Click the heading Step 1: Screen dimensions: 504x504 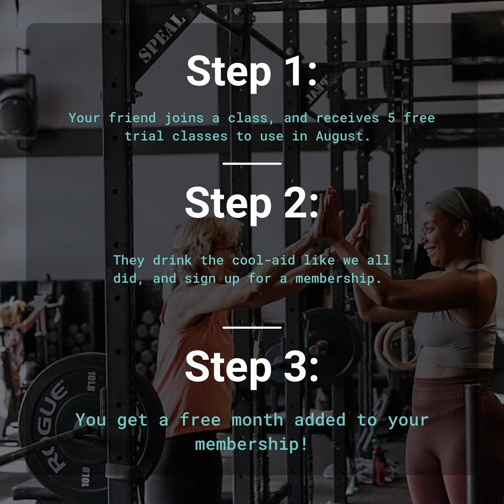(x=252, y=73)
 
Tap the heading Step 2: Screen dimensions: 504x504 (x=252, y=204)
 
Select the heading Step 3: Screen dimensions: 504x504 (x=252, y=368)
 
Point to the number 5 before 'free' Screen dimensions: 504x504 (x=391, y=118)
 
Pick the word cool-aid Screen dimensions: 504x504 (x=264, y=260)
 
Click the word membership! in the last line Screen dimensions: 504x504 (x=251, y=444)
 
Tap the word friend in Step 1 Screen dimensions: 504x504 (x=132, y=118)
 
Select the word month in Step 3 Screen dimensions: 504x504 (x=257, y=420)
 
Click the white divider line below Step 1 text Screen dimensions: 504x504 (x=252, y=164)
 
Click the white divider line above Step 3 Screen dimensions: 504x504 (x=252, y=328)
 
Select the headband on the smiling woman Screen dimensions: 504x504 (x=450, y=203)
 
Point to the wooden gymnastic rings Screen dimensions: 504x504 (x=395, y=346)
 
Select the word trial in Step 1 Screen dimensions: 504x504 (x=144, y=136)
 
